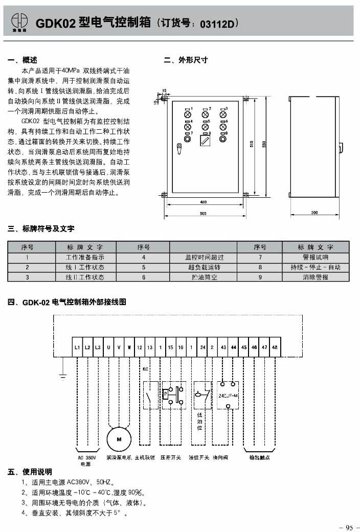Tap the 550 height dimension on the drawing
[264, 145]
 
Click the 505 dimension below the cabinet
[204, 214]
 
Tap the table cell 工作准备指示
[85, 257]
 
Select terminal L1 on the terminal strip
[77, 348]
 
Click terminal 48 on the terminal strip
[275, 348]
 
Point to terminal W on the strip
[129, 348]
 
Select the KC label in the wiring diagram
[145, 368]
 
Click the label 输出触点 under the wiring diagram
[259, 458]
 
